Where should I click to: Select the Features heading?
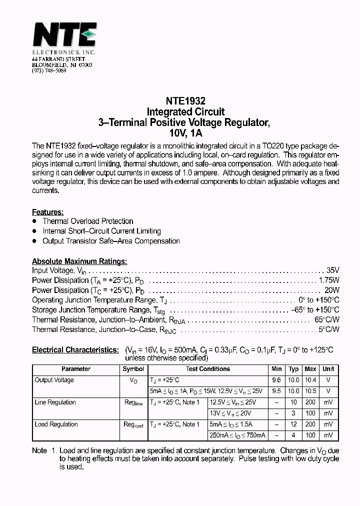pyautogui.click(x=47, y=212)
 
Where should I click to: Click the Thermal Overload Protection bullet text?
pyautogui.click(x=88, y=221)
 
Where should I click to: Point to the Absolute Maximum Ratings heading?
pyautogui.click(x=79, y=261)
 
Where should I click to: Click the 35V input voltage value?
pyautogui.click(x=332, y=270)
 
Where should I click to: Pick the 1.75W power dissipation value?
pyautogui.click(x=329, y=280)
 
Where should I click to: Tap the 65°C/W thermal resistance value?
pyautogui.click(x=327, y=319)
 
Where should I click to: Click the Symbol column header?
pyautogui.click(x=133, y=369)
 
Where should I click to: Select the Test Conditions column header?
pyautogui.click(x=207, y=369)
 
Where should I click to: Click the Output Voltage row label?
pyautogui.click(x=54, y=380)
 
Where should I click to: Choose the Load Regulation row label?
pyautogui.click(x=56, y=424)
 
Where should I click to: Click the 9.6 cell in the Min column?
pyautogui.click(x=277, y=380)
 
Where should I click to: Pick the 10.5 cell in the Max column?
pyautogui.click(x=310, y=391)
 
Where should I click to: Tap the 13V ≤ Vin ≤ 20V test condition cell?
pyautogui.click(x=230, y=413)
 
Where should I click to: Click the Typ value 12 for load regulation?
pyautogui.click(x=293, y=424)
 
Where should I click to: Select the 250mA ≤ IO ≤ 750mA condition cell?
pyautogui.click(x=237, y=435)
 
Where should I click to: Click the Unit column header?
pyautogui.click(x=328, y=369)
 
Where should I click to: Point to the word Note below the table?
pyautogui.click(x=39, y=450)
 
